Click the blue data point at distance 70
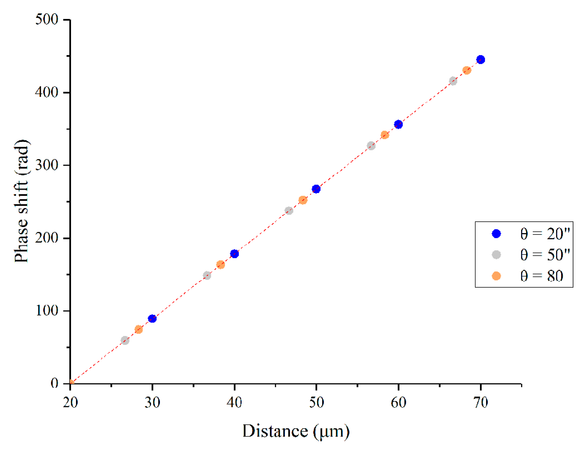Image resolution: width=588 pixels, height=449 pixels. click(x=480, y=59)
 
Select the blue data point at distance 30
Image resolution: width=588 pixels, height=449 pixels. click(x=152, y=318)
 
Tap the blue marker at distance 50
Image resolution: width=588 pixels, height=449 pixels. click(x=316, y=189)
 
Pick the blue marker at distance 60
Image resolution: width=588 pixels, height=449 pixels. click(x=398, y=124)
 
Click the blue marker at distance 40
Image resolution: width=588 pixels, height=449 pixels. click(x=234, y=254)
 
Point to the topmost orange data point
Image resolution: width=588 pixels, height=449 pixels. click(x=467, y=70)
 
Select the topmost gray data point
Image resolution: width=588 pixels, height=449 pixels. click(x=453, y=81)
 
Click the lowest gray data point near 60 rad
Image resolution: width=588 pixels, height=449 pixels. click(x=125, y=340)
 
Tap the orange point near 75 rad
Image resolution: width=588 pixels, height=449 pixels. click(x=138, y=329)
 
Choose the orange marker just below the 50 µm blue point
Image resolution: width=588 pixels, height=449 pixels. click(x=303, y=200)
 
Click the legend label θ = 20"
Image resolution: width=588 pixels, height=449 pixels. click(x=545, y=234)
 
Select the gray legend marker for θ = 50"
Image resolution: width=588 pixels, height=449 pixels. click(x=496, y=255)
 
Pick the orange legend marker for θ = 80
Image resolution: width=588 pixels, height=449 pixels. click(x=496, y=276)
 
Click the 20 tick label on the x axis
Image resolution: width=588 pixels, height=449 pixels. click(x=70, y=402)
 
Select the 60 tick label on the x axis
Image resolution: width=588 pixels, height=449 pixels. click(x=398, y=402)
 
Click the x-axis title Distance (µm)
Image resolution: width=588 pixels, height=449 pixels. click(x=296, y=431)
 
